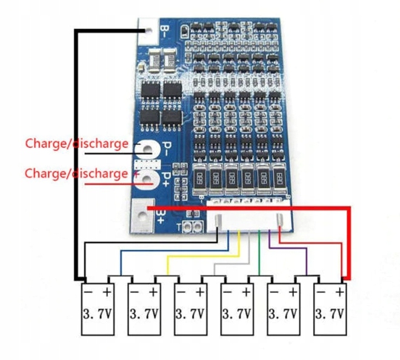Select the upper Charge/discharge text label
(76, 144)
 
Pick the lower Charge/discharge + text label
(76, 173)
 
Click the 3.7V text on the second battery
(144, 315)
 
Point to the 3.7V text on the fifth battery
(284, 315)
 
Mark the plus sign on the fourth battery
(245, 292)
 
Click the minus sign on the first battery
(88, 292)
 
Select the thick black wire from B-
(76, 152)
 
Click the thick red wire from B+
(349, 242)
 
